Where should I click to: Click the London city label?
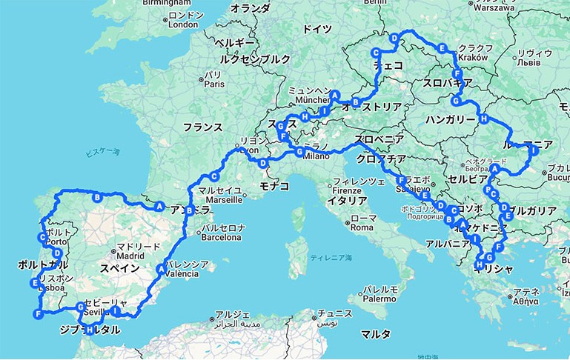[x=183, y=24]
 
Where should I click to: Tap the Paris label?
[x=213, y=84]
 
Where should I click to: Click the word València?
[x=184, y=273]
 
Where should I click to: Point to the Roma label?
[x=363, y=227]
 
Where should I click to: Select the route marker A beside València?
[x=161, y=269]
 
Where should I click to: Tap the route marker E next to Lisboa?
[x=35, y=283]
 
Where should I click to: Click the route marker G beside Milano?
[x=299, y=153]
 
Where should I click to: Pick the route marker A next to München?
[x=335, y=95]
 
